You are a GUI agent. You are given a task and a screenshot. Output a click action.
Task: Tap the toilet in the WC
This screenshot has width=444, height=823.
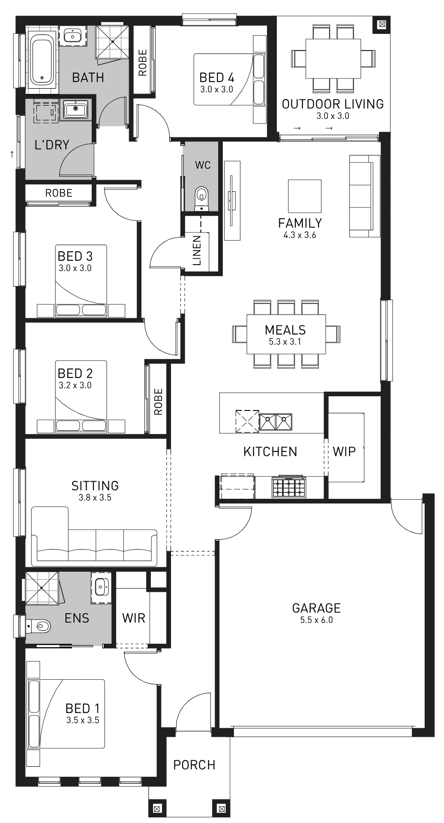[x=201, y=199]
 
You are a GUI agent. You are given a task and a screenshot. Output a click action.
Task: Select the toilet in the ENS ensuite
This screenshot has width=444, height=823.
[x=39, y=627]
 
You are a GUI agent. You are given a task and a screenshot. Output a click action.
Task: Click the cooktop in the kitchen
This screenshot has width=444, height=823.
[x=288, y=487]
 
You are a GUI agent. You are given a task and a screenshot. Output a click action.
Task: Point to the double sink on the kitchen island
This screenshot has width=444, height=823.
[x=276, y=422]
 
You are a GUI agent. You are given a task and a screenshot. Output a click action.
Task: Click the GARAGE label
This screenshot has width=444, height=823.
[x=316, y=608]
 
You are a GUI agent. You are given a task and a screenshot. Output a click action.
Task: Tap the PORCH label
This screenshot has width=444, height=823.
[x=194, y=765]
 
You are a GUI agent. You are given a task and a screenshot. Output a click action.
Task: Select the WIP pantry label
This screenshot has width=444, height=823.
[x=344, y=451]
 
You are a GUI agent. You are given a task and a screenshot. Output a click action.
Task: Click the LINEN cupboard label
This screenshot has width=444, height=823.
[x=197, y=250]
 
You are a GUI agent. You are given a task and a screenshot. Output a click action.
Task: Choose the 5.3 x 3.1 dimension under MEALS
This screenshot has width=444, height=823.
[x=285, y=342]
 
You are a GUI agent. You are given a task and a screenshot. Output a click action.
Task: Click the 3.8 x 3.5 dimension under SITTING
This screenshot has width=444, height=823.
[x=95, y=497]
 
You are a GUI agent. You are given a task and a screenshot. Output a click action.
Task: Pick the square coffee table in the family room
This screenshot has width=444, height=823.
[x=305, y=196]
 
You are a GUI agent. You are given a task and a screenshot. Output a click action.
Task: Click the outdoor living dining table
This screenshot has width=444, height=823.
[x=333, y=58]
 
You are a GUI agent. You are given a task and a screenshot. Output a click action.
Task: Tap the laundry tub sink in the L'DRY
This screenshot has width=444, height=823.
[x=76, y=109]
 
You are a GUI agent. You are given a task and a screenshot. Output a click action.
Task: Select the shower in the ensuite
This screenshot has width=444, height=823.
[x=42, y=588]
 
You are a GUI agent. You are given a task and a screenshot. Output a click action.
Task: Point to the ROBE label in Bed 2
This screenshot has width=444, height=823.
[x=158, y=402]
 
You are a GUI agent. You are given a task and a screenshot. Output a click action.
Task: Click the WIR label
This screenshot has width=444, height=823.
[x=133, y=618]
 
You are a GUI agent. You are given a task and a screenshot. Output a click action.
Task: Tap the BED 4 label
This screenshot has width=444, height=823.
[x=217, y=78]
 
